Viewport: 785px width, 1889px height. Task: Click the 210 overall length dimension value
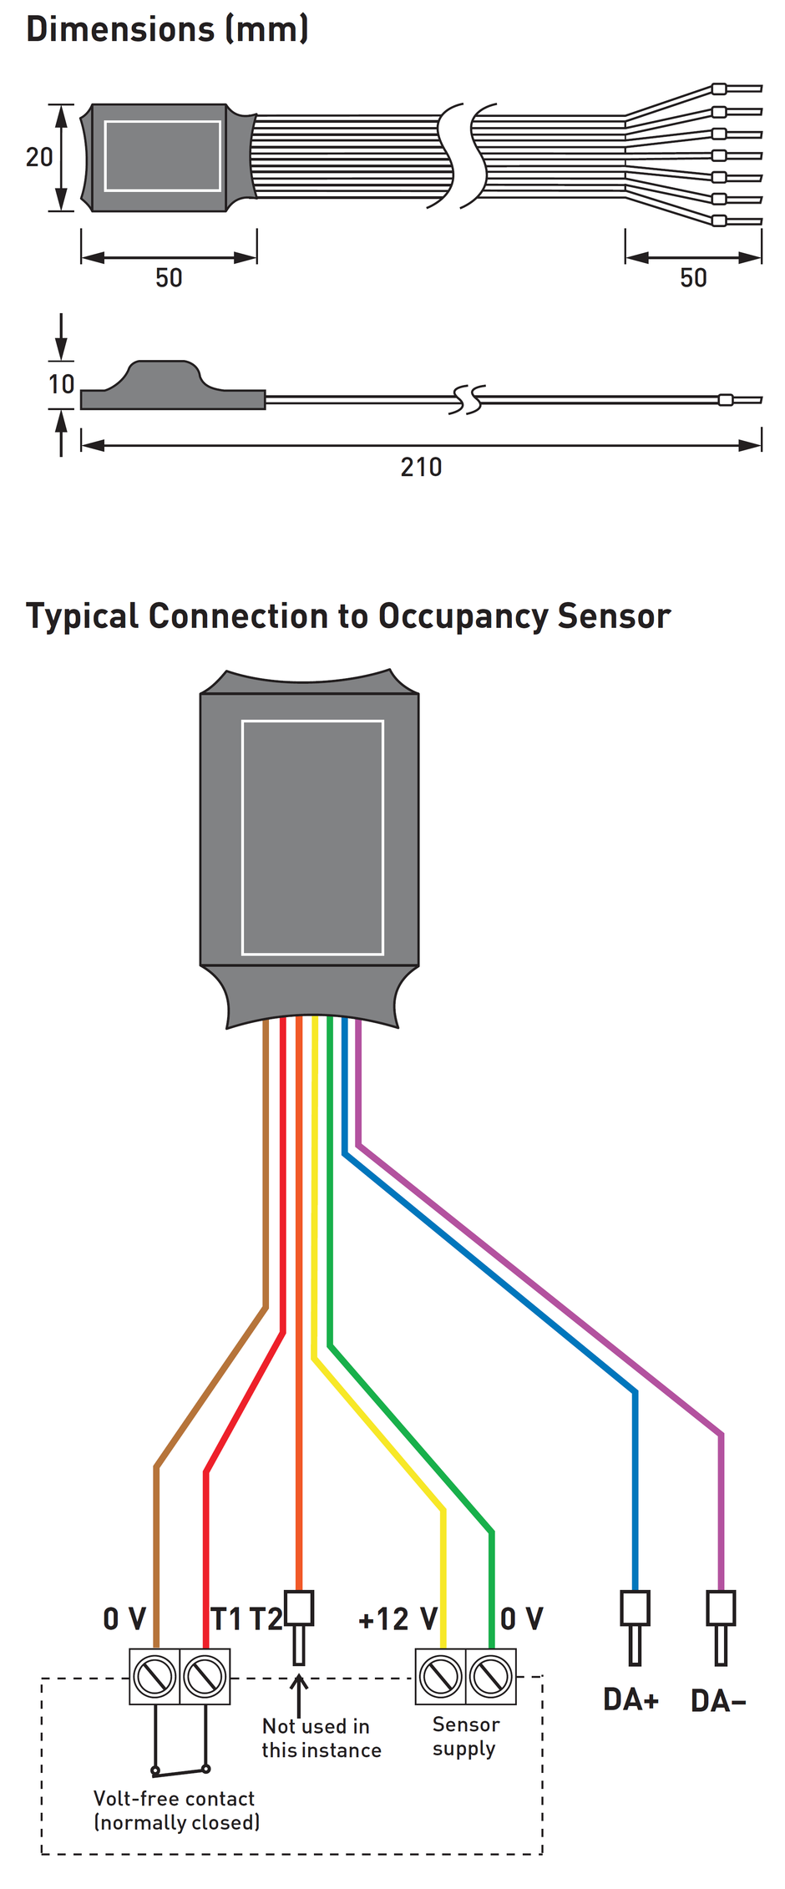[421, 467]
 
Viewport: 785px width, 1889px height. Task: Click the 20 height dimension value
[39, 157]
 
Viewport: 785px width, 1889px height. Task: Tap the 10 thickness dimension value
[61, 384]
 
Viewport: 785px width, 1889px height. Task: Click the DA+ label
[631, 1699]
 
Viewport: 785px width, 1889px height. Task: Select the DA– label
[718, 1700]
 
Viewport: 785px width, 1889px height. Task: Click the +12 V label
[398, 1619]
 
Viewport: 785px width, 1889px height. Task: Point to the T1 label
[226, 1619]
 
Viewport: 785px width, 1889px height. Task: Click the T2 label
[266, 1619]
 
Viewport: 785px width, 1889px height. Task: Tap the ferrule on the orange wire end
[299, 1623]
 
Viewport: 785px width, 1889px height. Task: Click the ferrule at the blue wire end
[635, 1623]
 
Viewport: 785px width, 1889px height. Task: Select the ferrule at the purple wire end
[721, 1623]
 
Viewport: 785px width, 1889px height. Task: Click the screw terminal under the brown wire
[154, 1676]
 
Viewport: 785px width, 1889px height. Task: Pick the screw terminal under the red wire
[205, 1676]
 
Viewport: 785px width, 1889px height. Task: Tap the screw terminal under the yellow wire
[441, 1676]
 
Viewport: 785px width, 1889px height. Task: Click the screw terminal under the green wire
[491, 1676]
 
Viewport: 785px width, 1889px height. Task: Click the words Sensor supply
[465, 1736]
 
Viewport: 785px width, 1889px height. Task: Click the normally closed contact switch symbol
[180, 1769]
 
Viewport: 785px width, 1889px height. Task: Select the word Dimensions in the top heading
[120, 29]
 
